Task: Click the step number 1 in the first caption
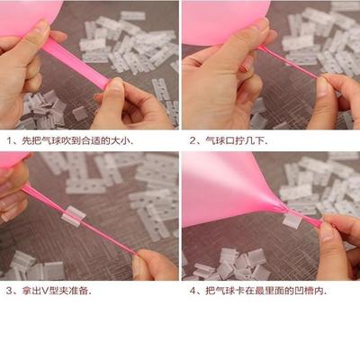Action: [x=9, y=141]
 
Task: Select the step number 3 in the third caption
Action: [x=9, y=291]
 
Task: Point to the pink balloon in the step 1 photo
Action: [x=27, y=11]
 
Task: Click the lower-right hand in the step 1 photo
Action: [x=135, y=103]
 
